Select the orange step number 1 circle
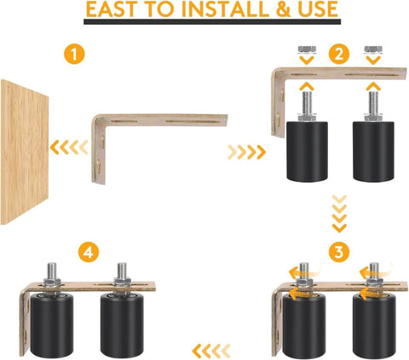tap(77, 56)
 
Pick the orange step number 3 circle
tap(338, 253)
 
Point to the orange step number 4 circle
tap(87, 253)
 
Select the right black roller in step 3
tap(373, 323)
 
